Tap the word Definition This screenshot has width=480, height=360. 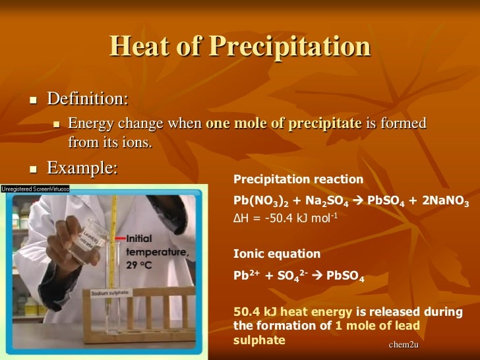click(87, 99)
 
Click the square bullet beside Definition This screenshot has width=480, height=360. click(32, 101)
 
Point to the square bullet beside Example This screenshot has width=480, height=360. click(32, 169)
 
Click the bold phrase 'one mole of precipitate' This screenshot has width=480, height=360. click(284, 123)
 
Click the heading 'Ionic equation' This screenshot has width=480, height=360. click(268, 253)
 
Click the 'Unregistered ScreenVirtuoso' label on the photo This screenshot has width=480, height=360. click(35, 188)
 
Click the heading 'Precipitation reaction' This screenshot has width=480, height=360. click(298, 179)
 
